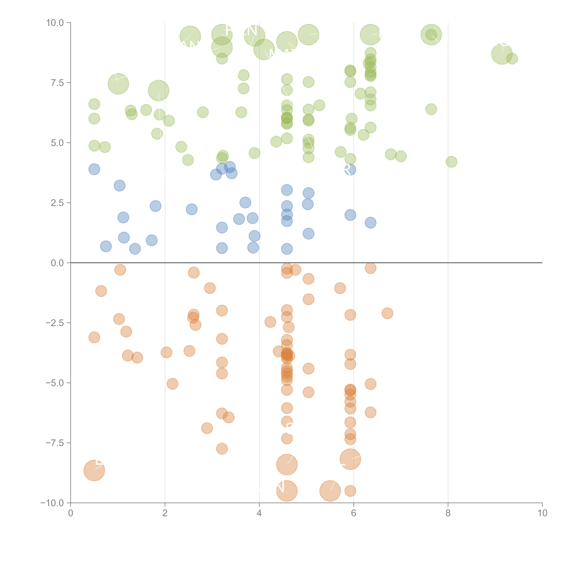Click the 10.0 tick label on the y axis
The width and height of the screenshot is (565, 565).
tap(55, 23)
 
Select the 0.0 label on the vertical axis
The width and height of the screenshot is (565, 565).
tap(57, 263)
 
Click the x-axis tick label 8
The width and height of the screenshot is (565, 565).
tap(448, 513)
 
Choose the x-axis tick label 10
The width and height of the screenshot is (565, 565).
tap(542, 513)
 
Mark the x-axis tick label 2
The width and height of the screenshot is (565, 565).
tap(165, 513)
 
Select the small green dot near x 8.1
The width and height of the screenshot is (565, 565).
tap(451, 162)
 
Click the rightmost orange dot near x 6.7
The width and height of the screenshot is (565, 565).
tap(387, 313)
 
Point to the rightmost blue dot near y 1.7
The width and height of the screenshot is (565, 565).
tap(370, 222)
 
